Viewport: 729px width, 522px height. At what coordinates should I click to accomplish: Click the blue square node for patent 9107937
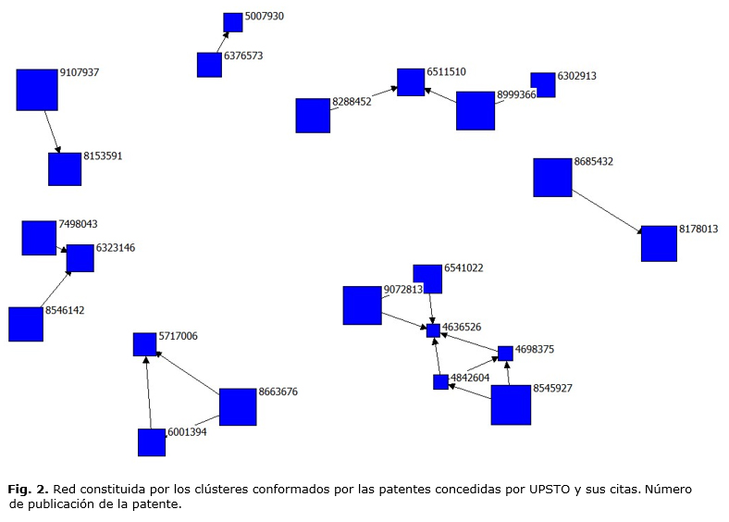[x=37, y=90]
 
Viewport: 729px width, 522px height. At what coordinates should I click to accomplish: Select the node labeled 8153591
[x=65, y=169]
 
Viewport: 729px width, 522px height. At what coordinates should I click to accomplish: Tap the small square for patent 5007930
[x=233, y=22]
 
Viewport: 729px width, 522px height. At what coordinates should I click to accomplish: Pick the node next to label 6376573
[x=209, y=65]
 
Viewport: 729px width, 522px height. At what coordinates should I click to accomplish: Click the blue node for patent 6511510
[x=411, y=82]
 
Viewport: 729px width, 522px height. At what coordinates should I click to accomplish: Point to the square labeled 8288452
[x=313, y=116]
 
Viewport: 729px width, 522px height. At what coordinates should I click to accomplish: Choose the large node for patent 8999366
[x=476, y=110]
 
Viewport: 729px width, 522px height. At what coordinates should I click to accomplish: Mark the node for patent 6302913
[x=544, y=85]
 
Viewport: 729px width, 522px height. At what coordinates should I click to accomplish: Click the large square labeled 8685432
[x=552, y=178]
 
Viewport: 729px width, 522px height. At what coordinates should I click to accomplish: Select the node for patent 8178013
[x=660, y=243]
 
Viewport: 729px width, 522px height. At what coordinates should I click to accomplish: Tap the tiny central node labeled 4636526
[x=433, y=330]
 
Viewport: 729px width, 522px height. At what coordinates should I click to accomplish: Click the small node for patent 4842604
[x=441, y=381]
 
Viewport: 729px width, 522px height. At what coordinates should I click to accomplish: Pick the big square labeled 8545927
[x=511, y=404]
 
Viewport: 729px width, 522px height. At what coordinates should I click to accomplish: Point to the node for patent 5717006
[x=145, y=344]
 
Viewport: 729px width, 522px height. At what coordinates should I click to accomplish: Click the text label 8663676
[x=278, y=392]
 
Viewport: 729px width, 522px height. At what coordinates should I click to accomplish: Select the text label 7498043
[x=78, y=224]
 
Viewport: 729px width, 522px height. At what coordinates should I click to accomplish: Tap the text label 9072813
[x=402, y=290]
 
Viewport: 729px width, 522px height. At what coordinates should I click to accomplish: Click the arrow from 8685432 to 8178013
[x=606, y=210]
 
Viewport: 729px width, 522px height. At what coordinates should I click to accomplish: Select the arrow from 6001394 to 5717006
[x=148, y=393]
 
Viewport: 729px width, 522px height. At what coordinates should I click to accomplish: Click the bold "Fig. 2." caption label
[x=29, y=488]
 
